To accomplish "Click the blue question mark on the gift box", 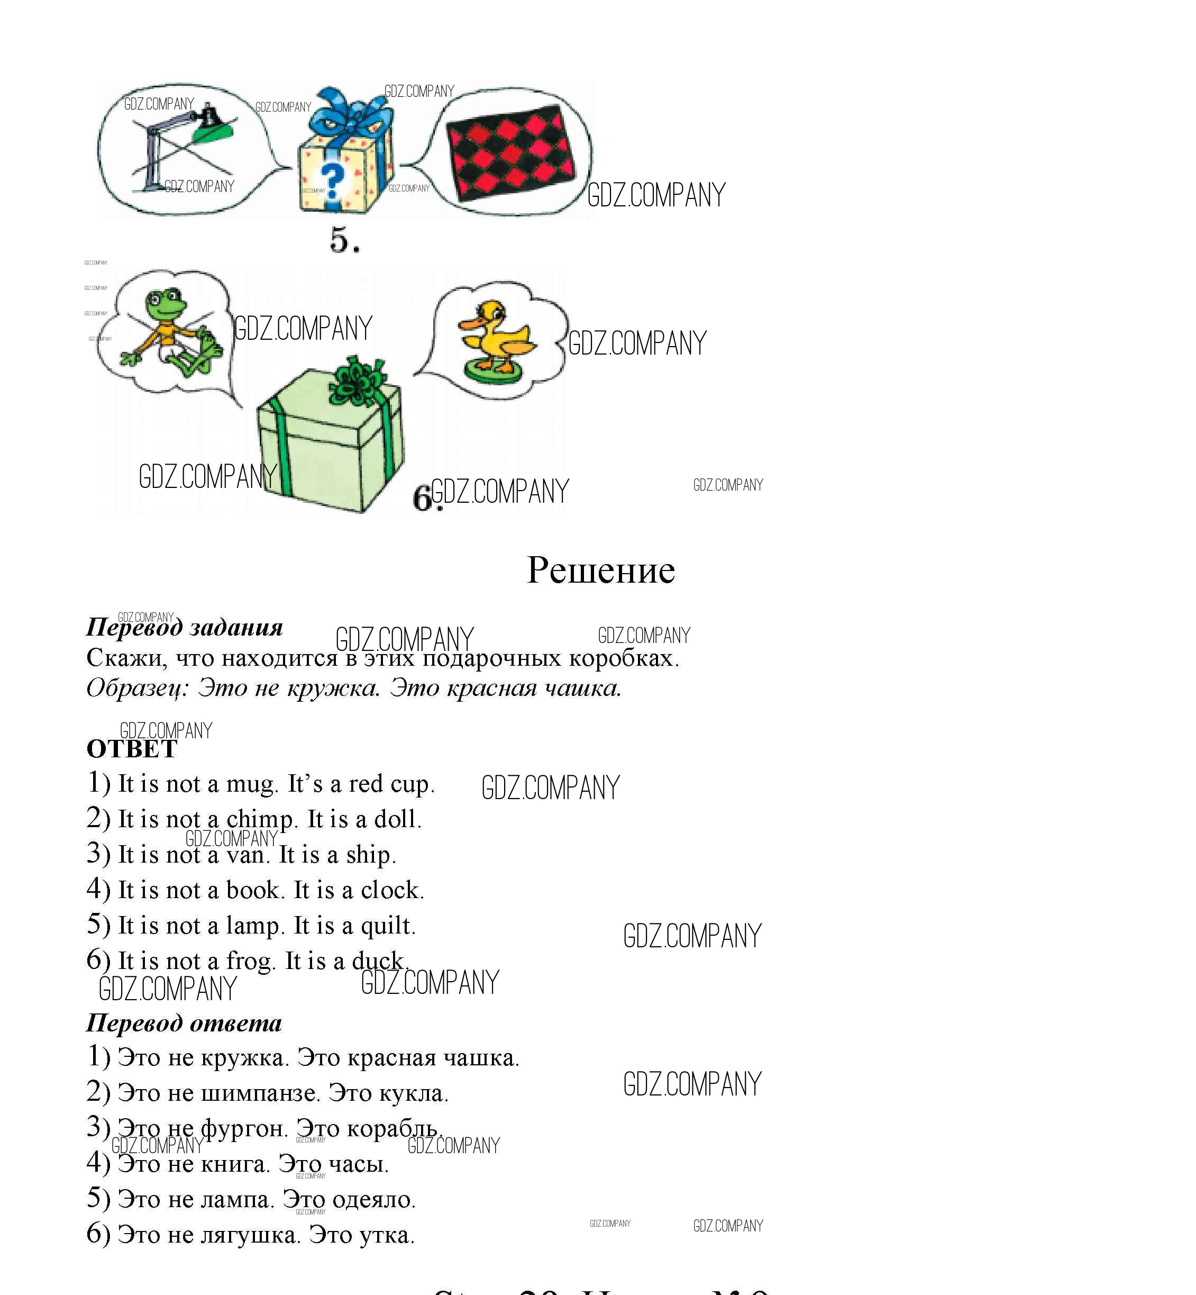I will pyautogui.click(x=333, y=182).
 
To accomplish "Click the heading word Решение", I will pyautogui.click(x=600, y=570).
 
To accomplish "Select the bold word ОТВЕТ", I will pyautogui.click(x=132, y=750).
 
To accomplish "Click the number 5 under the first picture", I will pyautogui.click(x=342, y=240).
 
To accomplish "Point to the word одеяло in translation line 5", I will pyautogui.click(x=380, y=1200).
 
